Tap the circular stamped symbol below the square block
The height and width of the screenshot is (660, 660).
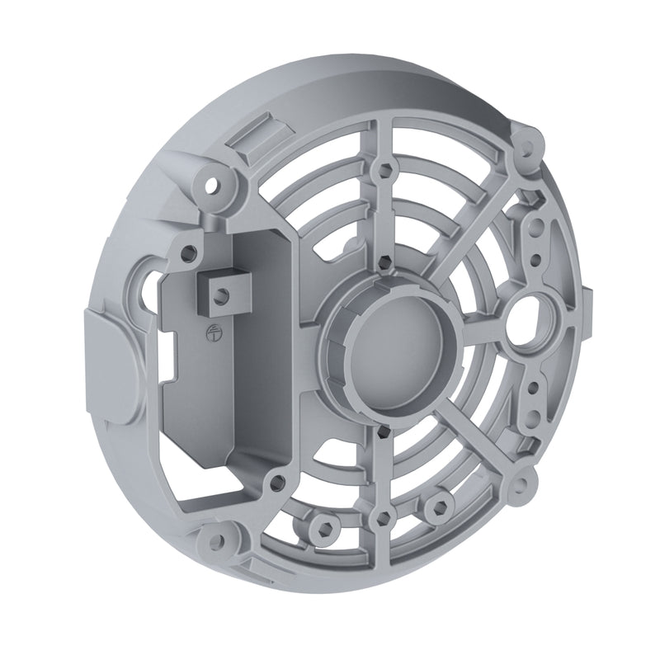pos(207,332)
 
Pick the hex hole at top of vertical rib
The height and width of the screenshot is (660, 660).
pos(381,172)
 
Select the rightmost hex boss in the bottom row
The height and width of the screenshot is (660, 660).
pos(440,504)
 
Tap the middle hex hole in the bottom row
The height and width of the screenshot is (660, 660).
pos(381,518)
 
